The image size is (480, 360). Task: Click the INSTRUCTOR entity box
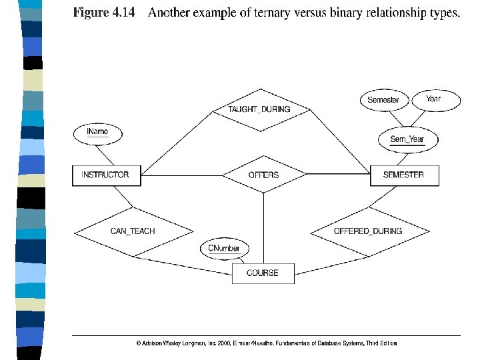pyautogui.click(x=105, y=175)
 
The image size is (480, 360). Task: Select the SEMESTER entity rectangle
pyautogui.click(x=403, y=175)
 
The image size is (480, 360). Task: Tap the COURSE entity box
pyautogui.click(x=263, y=273)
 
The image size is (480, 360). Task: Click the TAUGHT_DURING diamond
pyautogui.click(x=259, y=109)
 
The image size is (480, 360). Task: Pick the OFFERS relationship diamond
pyautogui.click(x=263, y=175)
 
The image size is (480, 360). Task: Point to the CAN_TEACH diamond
pyautogui.click(x=133, y=231)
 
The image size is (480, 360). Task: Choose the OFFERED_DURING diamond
pyautogui.click(x=368, y=231)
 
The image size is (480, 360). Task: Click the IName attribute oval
pyautogui.click(x=97, y=133)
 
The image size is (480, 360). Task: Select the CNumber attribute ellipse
pyautogui.click(x=224, y=249)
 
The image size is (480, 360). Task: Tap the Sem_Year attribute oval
pyautogui.click(x=407, y=139)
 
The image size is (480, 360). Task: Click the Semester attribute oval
pyautogui.click(x=383, y=100)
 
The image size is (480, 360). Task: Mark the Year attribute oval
pyautogui.click(x=433, y=99)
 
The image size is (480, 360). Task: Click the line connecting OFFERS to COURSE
pyautogui.click(x=263, y=227)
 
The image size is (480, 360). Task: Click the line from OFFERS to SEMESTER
pyautogui.click(x=337, y=175)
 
